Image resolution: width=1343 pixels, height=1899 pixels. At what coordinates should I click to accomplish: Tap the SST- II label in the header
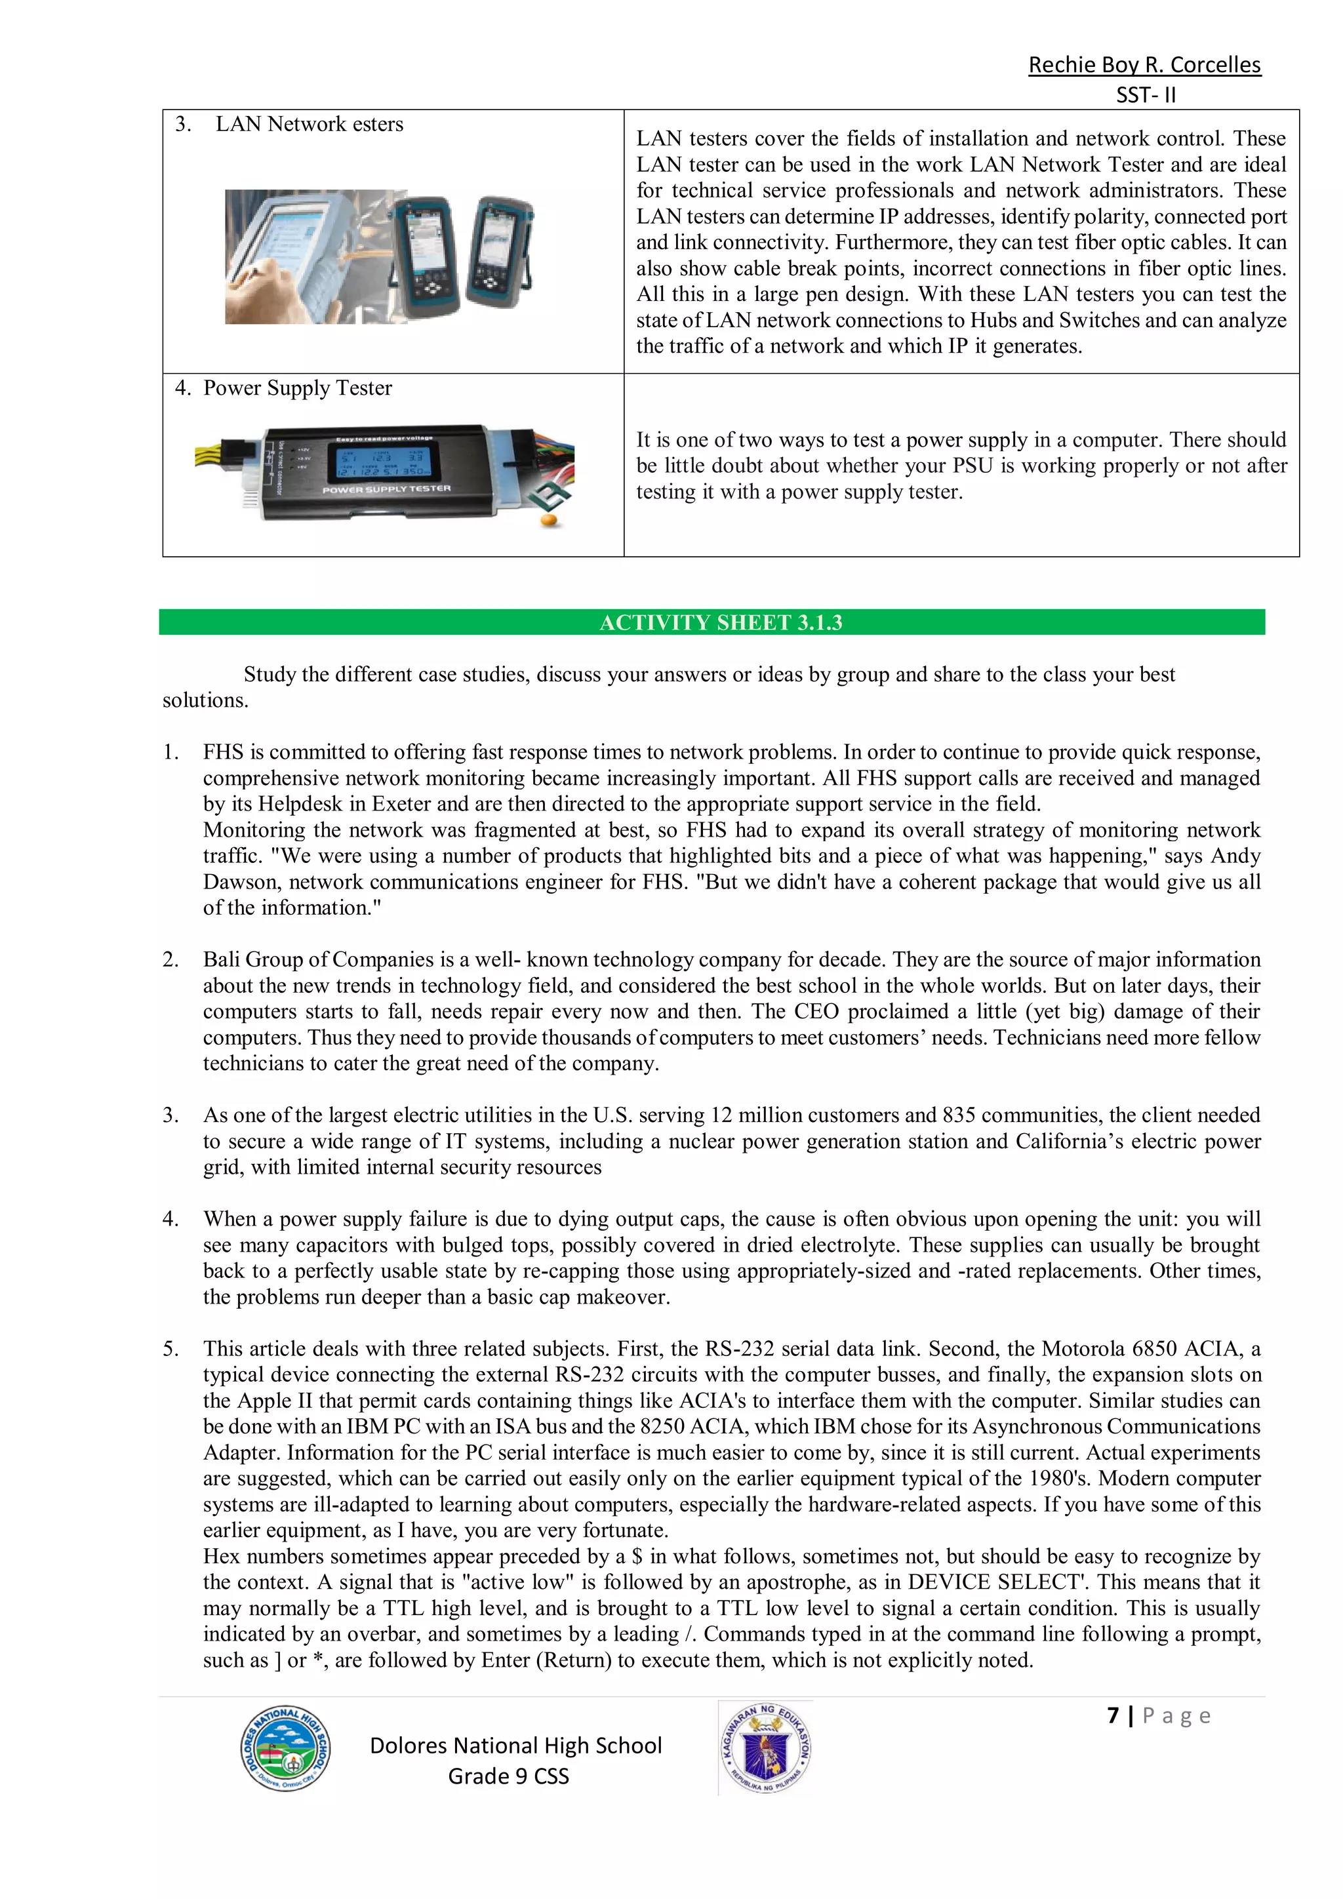1146,95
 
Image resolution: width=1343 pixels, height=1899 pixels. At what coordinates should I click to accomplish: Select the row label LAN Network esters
310,124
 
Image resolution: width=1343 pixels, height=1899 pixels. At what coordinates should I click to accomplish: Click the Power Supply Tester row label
297,388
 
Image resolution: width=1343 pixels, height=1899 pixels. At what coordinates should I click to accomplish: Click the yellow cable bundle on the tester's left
216,453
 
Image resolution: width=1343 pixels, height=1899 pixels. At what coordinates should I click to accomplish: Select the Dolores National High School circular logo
285,1750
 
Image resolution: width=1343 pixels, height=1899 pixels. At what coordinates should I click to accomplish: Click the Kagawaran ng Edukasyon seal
766,1748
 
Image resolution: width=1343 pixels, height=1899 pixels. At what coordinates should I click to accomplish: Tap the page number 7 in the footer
1113,1715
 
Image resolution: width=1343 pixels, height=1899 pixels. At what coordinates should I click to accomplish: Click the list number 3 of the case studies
170,1115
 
